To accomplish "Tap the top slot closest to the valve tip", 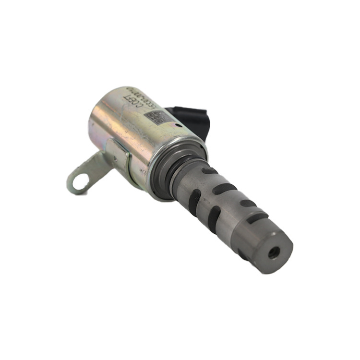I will (258, 217).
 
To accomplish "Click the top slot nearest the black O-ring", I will (210, 170).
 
